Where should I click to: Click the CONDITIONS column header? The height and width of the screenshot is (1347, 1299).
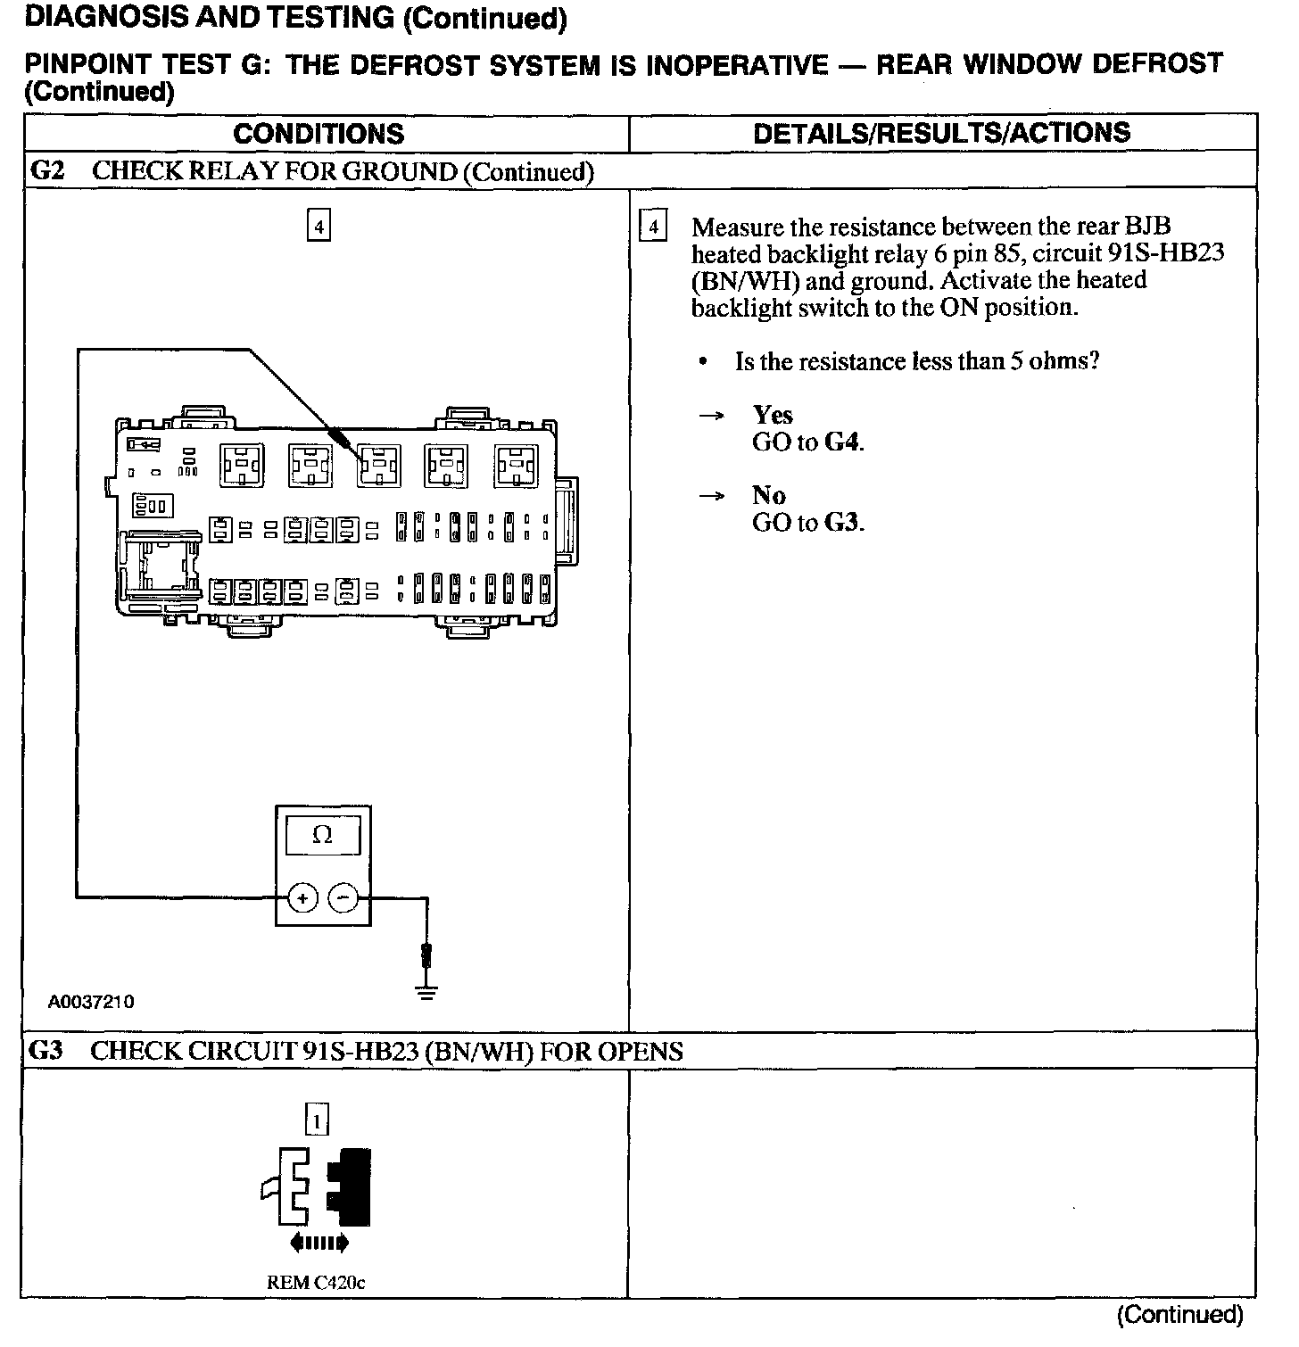(319, 135)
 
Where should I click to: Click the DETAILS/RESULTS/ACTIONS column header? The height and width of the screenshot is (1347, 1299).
(941, 134)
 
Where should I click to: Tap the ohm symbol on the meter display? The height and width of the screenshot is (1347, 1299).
(323, 836)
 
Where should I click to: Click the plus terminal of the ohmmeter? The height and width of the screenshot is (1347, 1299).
(303, 898)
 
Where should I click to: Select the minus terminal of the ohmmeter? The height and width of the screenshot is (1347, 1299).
(343, 898)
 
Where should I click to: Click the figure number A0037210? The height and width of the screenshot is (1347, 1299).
(91, 1002)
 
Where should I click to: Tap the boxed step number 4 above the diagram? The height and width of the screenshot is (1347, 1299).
(319, 225)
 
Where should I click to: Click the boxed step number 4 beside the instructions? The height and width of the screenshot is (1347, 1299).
(654, 227)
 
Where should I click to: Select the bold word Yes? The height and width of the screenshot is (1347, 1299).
(773, 415)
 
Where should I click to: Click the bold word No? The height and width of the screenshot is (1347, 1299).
(768, 495)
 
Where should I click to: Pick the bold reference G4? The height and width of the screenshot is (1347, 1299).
(842, 442)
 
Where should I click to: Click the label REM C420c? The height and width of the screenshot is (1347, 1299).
(316, 1283)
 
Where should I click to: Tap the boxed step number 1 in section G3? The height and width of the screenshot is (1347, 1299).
(317, 1119)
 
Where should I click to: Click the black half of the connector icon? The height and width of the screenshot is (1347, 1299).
(351, 1187)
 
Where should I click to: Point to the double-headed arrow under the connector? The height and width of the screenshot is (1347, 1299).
(319, 1243)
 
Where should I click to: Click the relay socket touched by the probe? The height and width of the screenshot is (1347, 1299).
(378, 465)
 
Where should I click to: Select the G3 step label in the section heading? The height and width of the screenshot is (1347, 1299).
(46, 1051)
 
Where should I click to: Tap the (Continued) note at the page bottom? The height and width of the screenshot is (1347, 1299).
(1179, 1314)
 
